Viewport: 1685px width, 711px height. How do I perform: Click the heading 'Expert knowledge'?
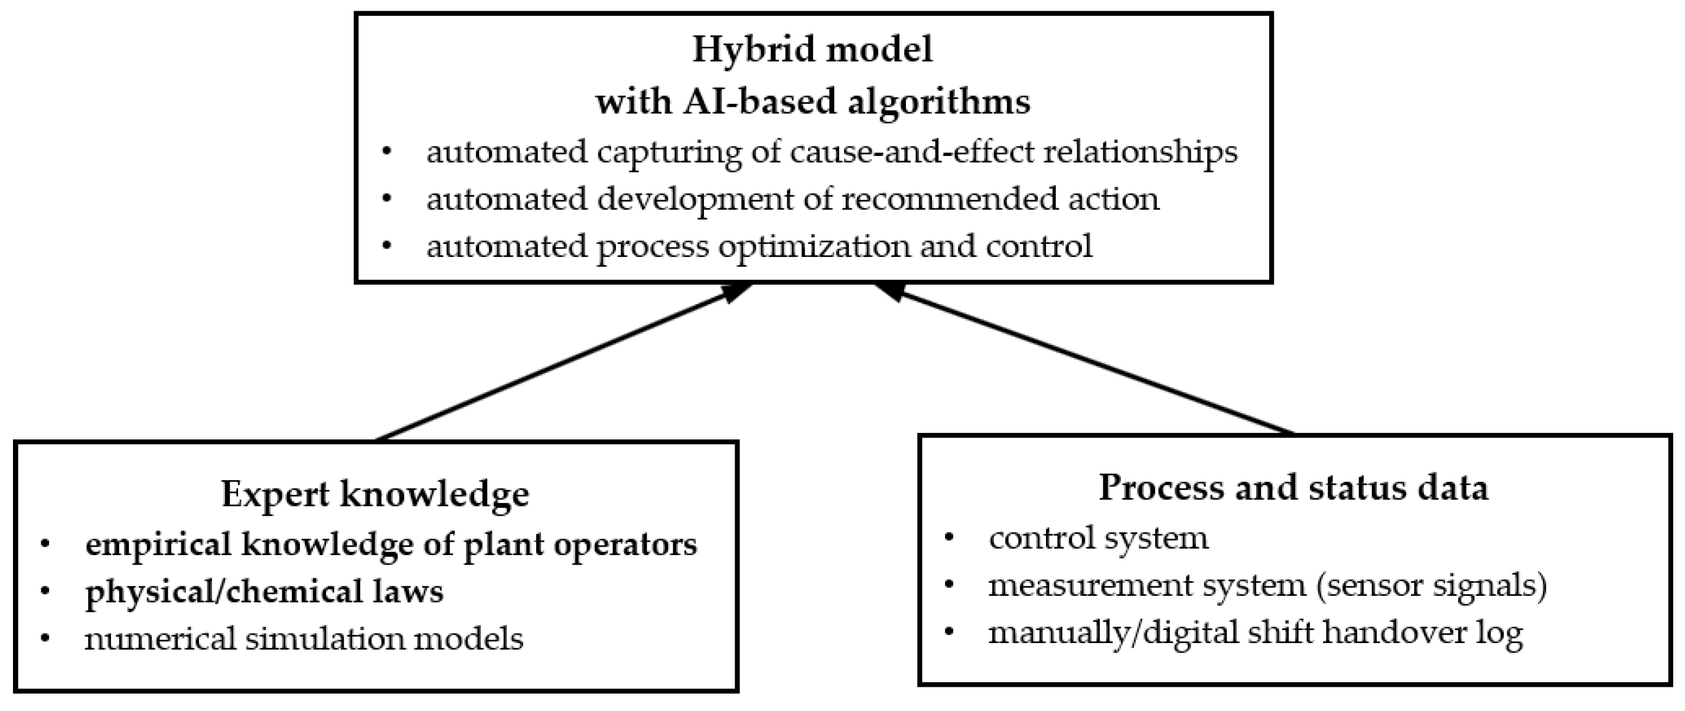click(x=375, y=494)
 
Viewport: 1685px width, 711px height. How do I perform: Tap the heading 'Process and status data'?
click(x=1293, y=488)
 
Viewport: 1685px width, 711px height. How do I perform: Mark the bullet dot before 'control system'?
click(x=949, y=539)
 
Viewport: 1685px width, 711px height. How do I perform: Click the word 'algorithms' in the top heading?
click(x=938, y=102)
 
